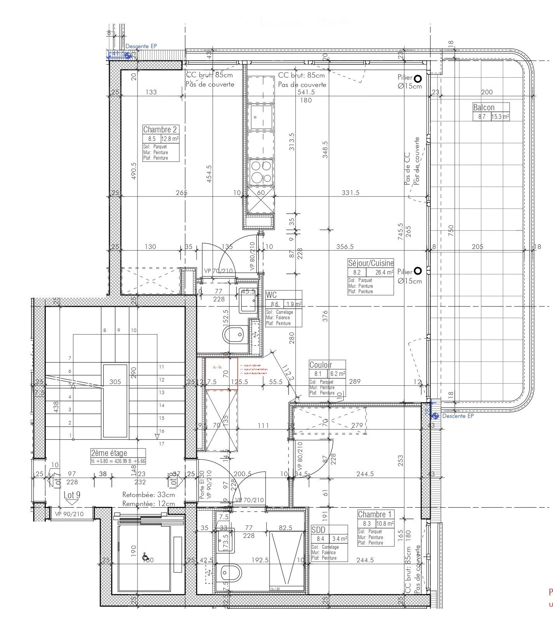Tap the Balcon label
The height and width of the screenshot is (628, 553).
483,107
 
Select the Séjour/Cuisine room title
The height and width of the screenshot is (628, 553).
370,263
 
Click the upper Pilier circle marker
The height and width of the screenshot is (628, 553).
417,79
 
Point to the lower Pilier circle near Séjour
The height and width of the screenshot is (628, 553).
417,271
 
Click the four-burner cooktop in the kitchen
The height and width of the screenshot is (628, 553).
261,172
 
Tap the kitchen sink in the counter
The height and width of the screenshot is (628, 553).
261,117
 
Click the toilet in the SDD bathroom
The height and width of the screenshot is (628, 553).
231,573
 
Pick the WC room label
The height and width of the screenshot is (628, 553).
271,295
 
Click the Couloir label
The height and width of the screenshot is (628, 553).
320,365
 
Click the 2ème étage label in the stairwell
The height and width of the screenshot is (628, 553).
109,453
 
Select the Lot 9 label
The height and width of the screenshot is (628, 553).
72,495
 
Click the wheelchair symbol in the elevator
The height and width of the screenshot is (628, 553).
146,557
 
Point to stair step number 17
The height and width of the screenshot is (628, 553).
162,444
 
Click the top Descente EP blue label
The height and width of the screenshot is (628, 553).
141,46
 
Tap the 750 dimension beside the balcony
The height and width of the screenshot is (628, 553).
450,230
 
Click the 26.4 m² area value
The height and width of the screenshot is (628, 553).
384,273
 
